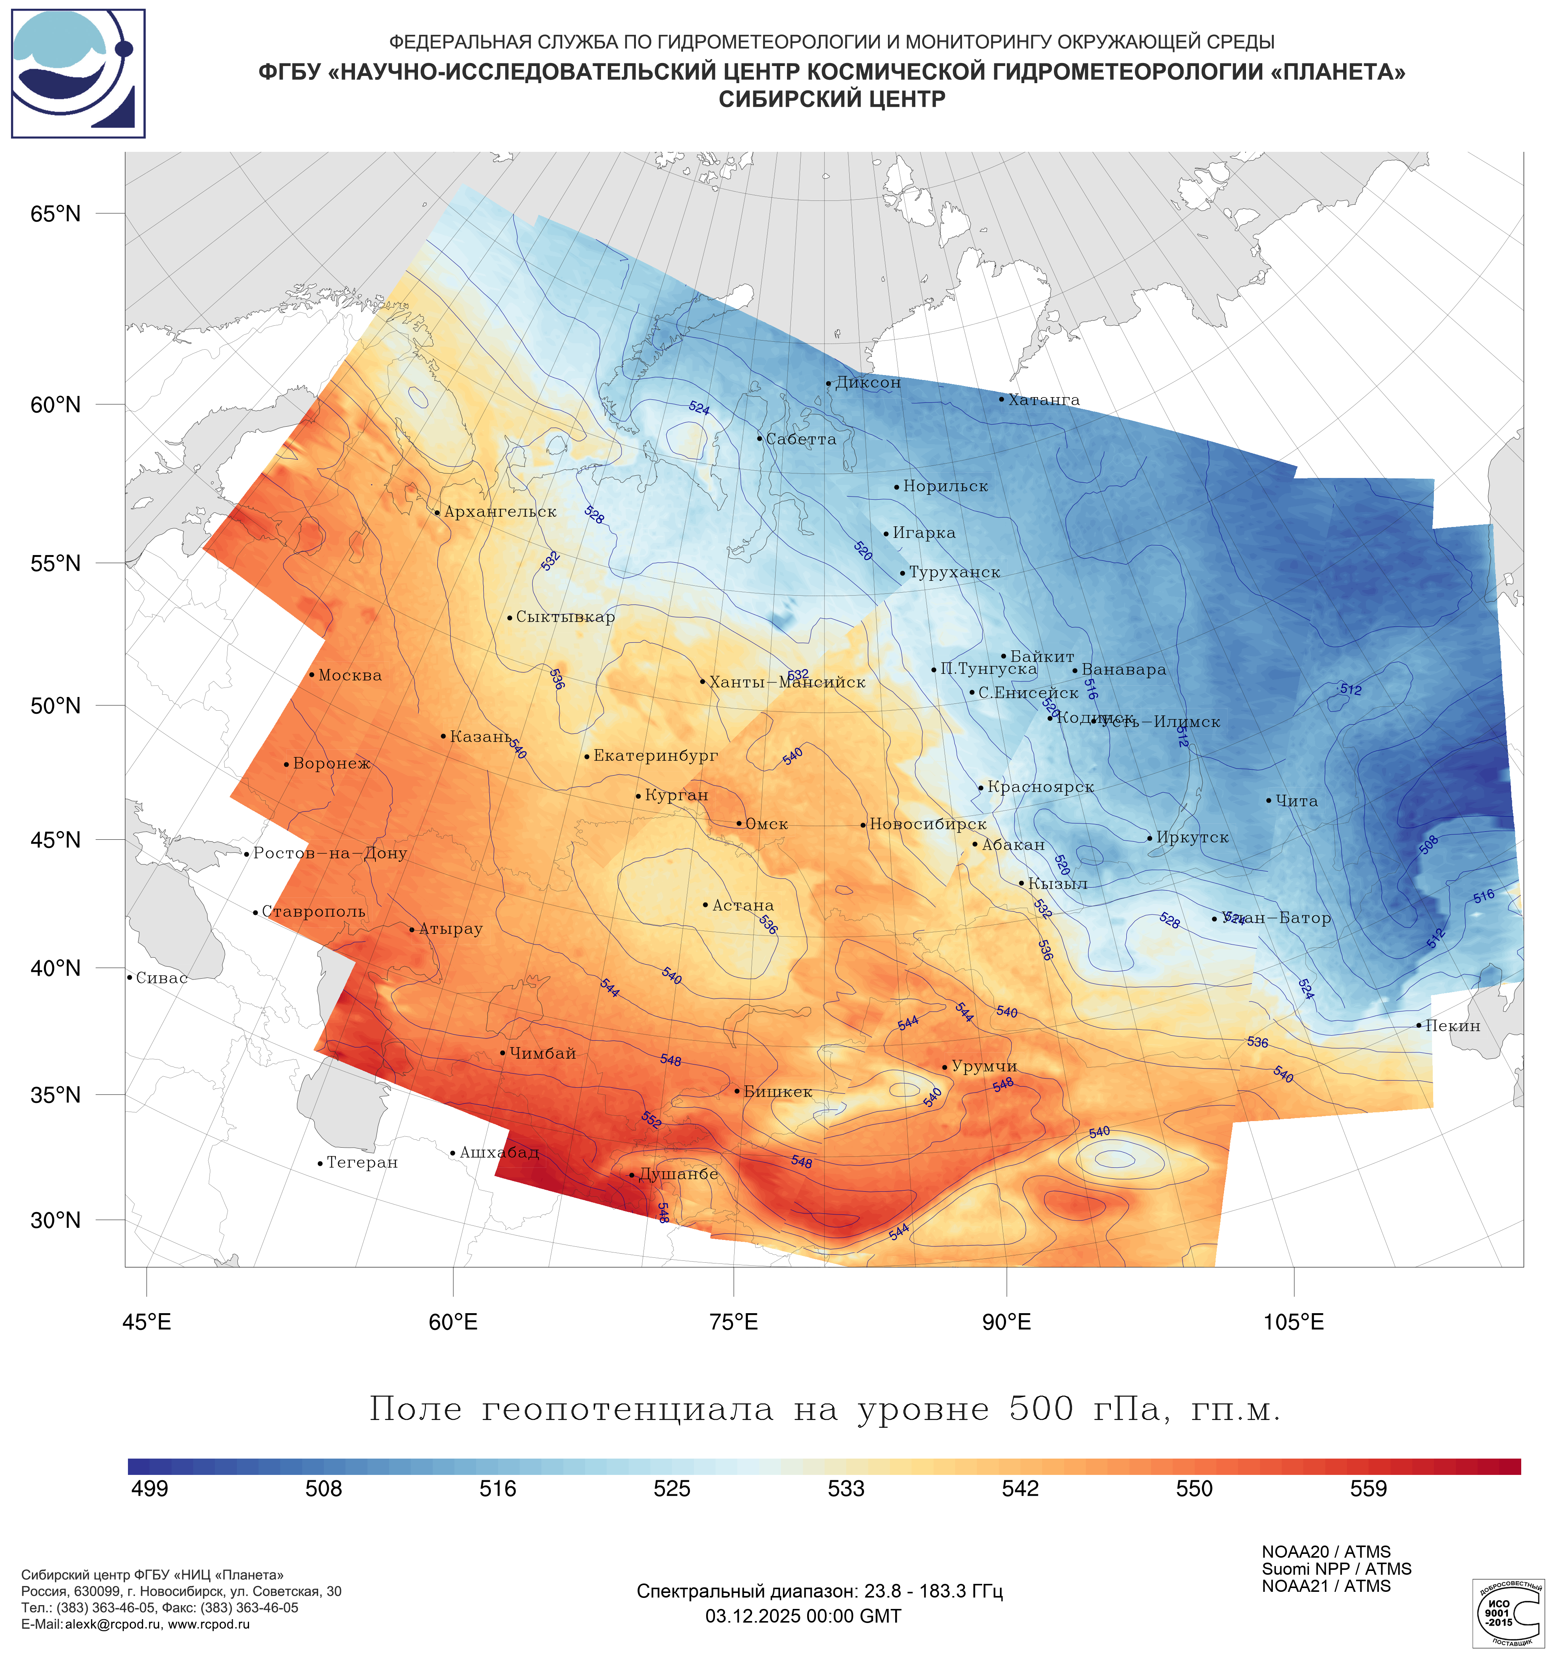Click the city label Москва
pyautogui.click(x=350, y=675)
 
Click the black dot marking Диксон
pyautogui.click(x=828, y=384)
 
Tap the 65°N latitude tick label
pyautogui.click(x=56, y=214)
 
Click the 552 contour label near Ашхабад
pyautogui.click(x=651, y=1120)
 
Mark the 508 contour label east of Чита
pyautogui.click(x=1429, y=845)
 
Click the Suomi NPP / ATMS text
pyautogui.click(x=1336, y=1569)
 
